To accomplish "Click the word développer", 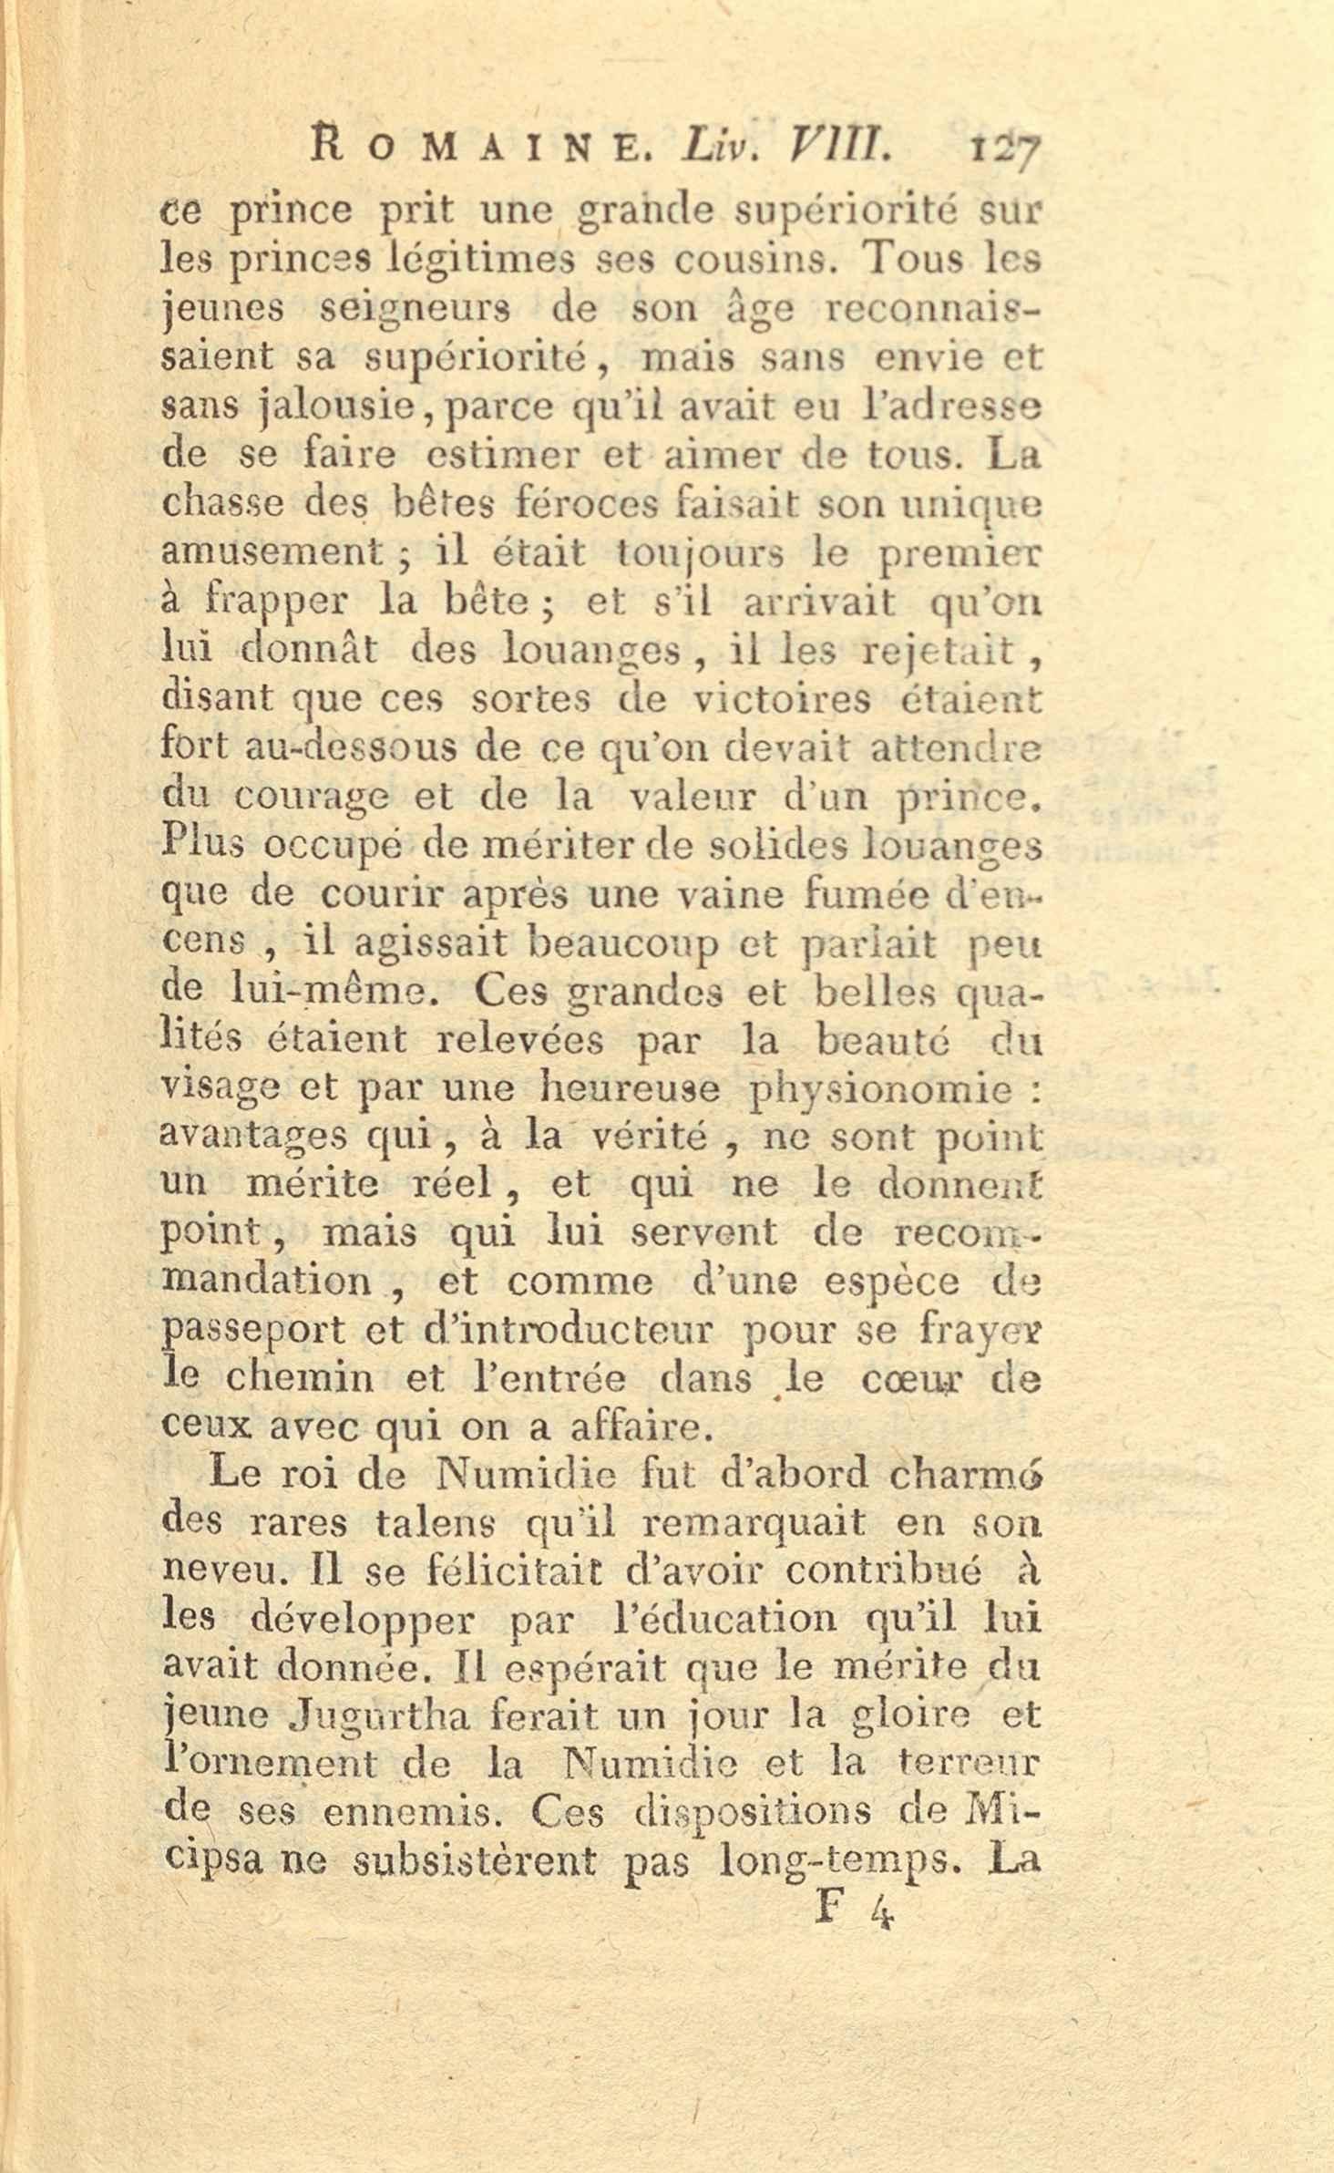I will coord(363,1618).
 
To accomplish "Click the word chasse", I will coord(221,504).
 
